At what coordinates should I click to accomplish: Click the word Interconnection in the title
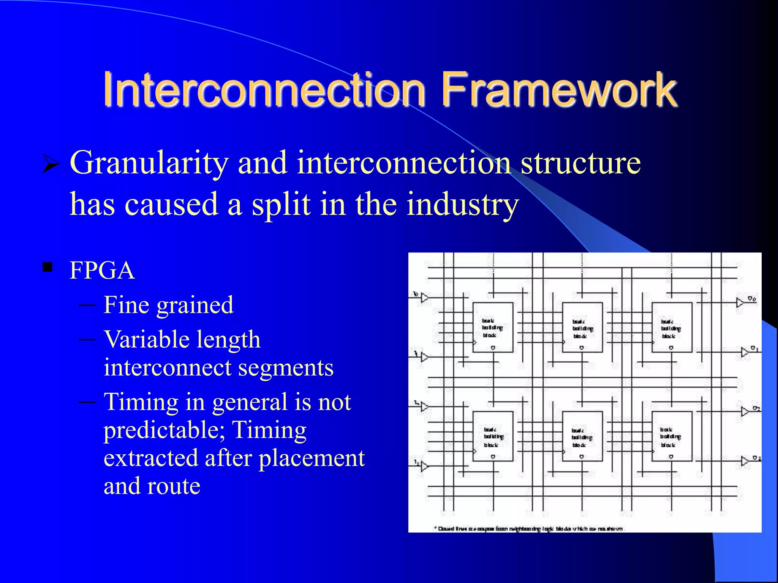264,90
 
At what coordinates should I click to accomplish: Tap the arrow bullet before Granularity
51,164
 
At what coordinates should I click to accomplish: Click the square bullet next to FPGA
47,268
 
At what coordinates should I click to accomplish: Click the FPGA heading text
102,271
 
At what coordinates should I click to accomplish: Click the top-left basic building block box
493,327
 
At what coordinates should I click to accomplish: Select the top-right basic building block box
672,327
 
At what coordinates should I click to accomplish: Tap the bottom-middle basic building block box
582,436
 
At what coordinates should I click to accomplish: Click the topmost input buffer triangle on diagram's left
424,298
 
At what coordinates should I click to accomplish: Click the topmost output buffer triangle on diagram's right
740,303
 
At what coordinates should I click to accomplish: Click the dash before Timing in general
87,402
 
